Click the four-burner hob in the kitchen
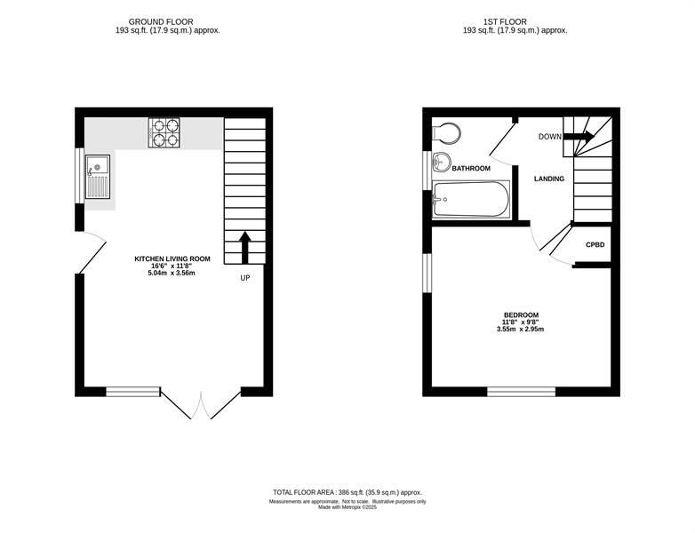(164, 132)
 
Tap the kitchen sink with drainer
(98, 177)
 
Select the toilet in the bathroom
(446, 132)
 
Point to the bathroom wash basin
(441, 163)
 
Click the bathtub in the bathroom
(471, 199)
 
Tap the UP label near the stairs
(245, 278)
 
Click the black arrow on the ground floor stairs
(245, 247)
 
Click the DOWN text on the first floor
(549, 137)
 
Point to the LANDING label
(549, 179)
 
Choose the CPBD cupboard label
(595, 244)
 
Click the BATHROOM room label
(471, 169)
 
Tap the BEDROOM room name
(521, 315)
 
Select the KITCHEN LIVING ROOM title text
(172, 259)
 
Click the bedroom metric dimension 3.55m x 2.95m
(521, 330)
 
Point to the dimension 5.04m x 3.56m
(172, 273)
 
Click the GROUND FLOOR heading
(161, 21)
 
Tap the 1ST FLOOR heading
(505, 21)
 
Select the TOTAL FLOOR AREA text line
(347, 492)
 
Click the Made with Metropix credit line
(347, 507)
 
